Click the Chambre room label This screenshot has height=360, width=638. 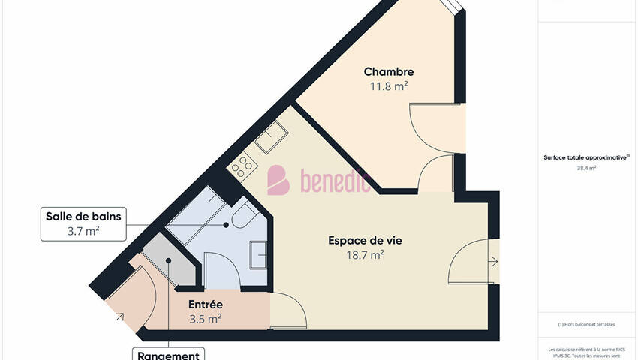coord(389,72)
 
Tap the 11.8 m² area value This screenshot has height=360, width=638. coord(389,86)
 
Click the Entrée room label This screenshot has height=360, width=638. coord(205,304)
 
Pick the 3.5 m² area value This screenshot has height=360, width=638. coord(205,319)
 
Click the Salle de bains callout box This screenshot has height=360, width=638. coord(83,223)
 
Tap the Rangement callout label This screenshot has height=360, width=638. coord(168,355)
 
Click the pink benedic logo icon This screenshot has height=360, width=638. coord(278,180)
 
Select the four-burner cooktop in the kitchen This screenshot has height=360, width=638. coord(242,166)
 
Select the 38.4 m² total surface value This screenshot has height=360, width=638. coord(586,169)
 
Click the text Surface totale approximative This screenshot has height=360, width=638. coord(585,157)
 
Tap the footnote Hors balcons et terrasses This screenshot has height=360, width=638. coord(586,324)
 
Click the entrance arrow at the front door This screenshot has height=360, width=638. coord(120,316)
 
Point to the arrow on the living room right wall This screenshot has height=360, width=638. coord(492,262)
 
